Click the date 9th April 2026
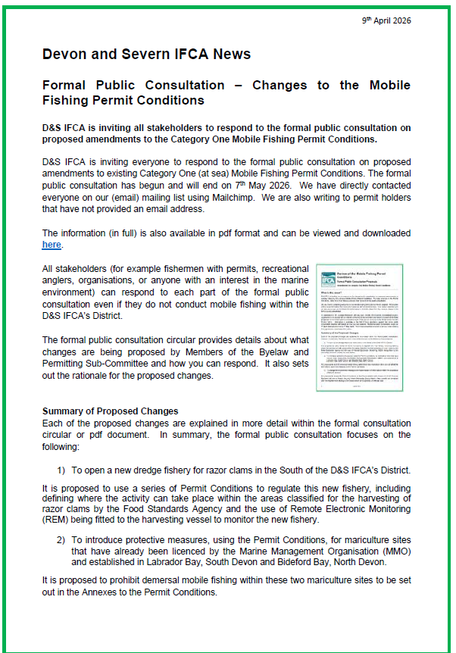click(386, 20)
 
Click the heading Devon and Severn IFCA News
click(146, 54)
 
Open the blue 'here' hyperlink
click(51, 245)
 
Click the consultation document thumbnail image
click(360, 316)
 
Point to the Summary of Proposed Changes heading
click(110, 411)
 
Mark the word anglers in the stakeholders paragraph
click(63, 280)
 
